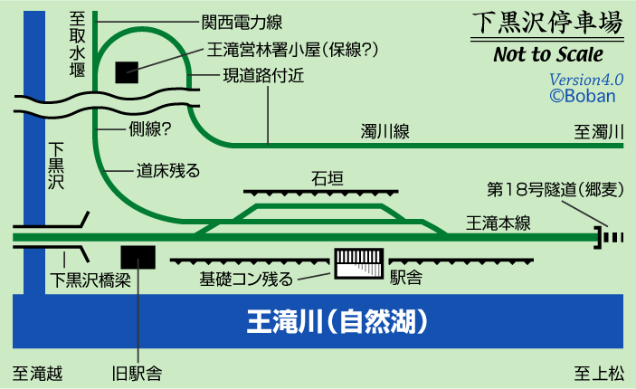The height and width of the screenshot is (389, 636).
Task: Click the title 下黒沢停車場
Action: pyautogui.click(x=548, y=23)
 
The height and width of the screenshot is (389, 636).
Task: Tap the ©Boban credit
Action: pyautogui.click(x=583, y=94)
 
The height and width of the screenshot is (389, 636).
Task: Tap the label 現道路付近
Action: pyautogui.click(x=262, y=77)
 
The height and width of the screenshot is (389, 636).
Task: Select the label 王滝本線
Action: pyautogui.click(x=497, y=222)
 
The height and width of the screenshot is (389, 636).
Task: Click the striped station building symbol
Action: pyautogui.click(x=359, y=264)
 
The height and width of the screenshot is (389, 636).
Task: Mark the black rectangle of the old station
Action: pyautogui.click(x=138, y=257)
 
